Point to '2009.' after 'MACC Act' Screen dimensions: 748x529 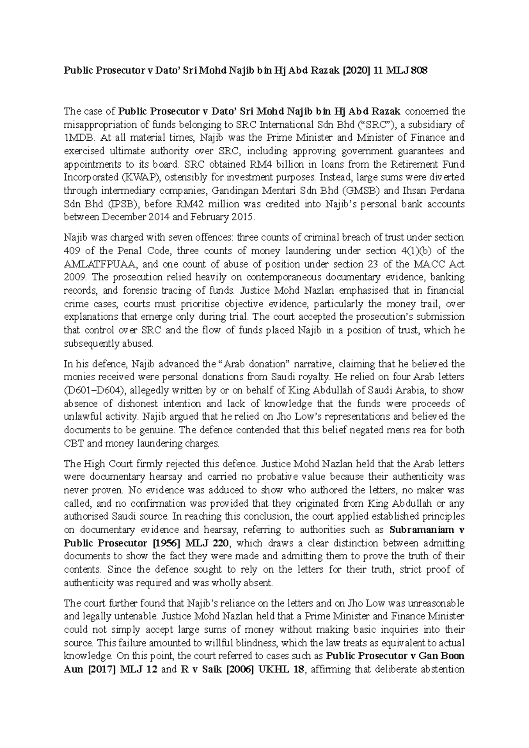76,277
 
